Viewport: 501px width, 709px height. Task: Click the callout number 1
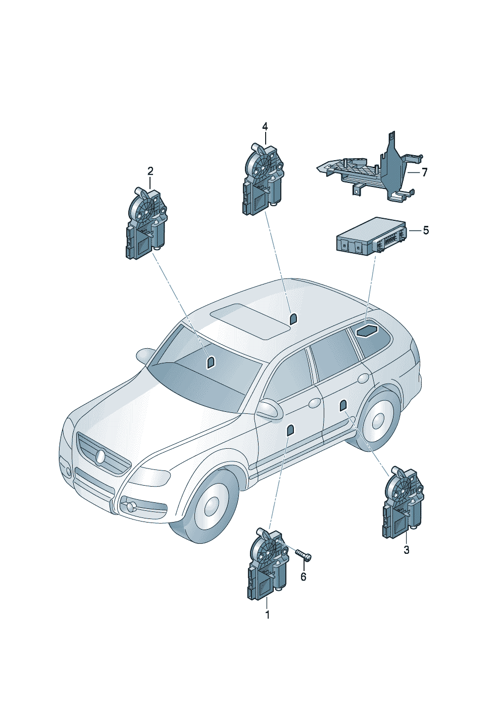point(267,615)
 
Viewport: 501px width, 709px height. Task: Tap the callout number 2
point(150,171)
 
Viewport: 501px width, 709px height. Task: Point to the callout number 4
point(265,127)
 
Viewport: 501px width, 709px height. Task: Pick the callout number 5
point(426,230)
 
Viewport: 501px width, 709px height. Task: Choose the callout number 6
point(304,577)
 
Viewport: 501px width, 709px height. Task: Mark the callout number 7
point(424,172)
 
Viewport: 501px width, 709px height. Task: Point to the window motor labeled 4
point(263,179)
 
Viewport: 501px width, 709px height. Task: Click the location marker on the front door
point(290,431)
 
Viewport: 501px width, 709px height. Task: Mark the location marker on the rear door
point(343,406)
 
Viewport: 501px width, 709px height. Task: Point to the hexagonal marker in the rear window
point(366,331)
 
